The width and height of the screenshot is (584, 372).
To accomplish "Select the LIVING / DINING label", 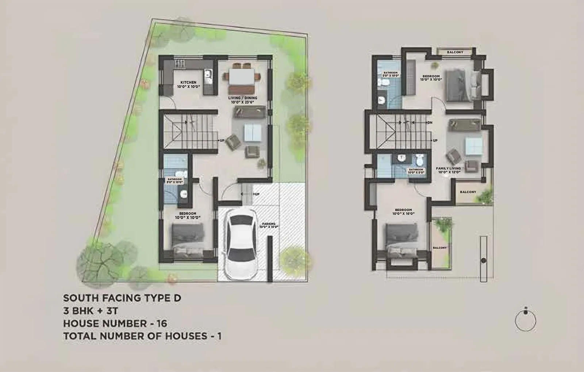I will pos(243,100).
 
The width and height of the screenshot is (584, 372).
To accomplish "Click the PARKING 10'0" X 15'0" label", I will pos(269,225).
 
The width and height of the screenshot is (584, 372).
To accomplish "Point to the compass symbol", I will pos(526,320).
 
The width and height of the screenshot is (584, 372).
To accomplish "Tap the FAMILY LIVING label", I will pos(448,170).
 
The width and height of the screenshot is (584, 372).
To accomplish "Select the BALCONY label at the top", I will pos(455,52).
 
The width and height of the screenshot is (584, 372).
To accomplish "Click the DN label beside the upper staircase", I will pos(430,122).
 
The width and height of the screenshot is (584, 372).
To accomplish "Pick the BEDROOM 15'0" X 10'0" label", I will pos(431,77).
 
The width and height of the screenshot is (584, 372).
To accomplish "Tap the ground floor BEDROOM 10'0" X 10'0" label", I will pos(188,216).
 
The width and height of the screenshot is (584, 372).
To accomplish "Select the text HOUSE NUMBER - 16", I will pos(115,323).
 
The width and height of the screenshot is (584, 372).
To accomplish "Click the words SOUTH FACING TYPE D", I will pos(122,298).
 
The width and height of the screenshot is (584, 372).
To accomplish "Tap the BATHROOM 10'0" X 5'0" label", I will pos(416,171).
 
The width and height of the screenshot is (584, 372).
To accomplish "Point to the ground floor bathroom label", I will pos(174,181).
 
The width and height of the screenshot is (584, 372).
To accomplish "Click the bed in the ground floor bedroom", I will pos(188,241).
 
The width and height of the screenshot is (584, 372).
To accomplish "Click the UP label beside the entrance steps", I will pos(257,194).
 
